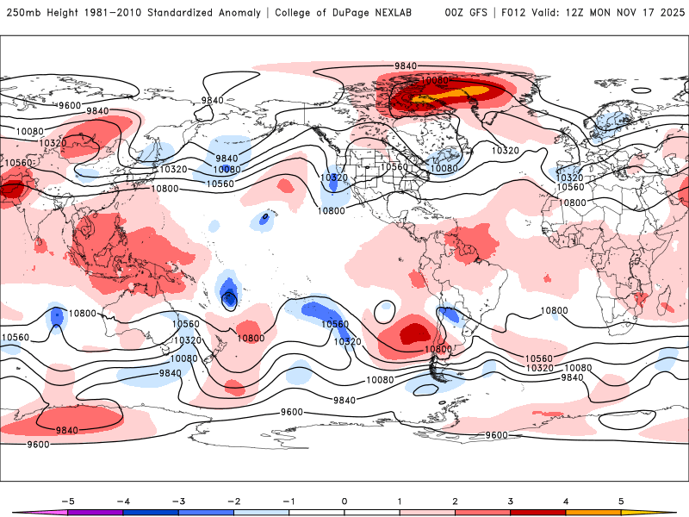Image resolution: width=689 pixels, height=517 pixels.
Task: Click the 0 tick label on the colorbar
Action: [x=344, y=501]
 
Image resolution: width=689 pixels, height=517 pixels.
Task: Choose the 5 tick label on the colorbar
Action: [x=622, y=501]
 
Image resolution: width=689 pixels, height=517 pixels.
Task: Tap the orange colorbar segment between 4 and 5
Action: [x=594, y=513]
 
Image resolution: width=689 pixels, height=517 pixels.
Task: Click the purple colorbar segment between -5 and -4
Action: [x=95, y=513]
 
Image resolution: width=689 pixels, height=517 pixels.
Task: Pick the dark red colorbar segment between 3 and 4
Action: [x=538, y=513]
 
